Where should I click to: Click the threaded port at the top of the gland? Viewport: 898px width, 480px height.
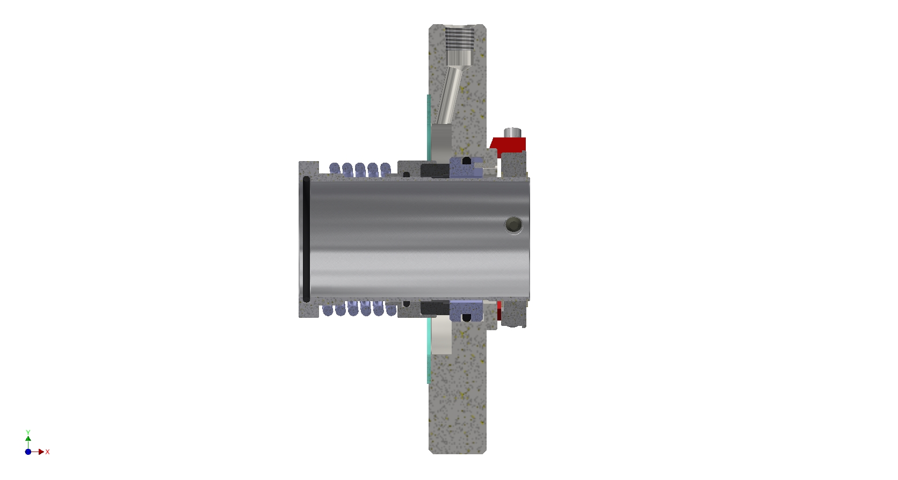459,45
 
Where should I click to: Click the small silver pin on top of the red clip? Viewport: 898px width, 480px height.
512,133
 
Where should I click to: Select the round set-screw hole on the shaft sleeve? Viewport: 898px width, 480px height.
514,225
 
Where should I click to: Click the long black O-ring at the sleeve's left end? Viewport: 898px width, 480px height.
306,239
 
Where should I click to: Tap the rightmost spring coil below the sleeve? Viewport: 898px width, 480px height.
391,309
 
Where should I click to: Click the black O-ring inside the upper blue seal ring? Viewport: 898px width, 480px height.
467,161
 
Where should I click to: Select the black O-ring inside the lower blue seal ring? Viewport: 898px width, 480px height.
467,318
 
